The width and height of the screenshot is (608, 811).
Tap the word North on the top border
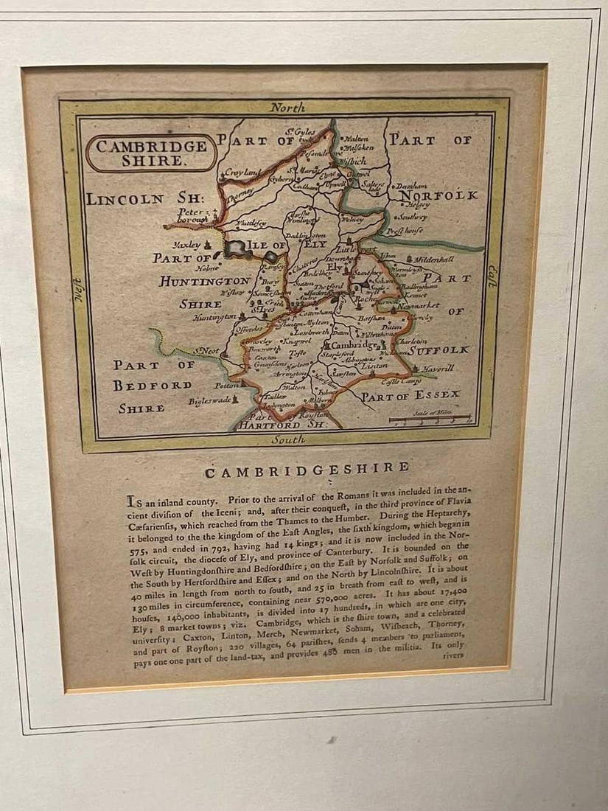tap(287, 108)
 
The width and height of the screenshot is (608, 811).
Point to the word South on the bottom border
tap(287, 440)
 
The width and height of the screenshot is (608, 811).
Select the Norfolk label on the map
tap(441, 196)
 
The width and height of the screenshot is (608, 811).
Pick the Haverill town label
tap(439, 368)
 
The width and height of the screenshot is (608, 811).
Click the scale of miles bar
tap(431, 420)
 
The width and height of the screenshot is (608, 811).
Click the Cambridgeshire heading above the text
tap(307, 469)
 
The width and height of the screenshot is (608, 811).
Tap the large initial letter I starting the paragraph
tap(131, 499)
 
